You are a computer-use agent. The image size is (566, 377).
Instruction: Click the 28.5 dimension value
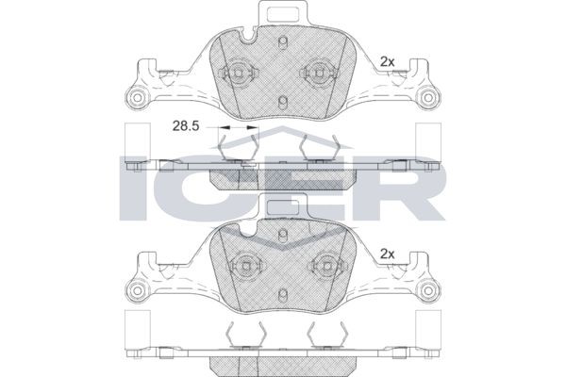click(186, 126)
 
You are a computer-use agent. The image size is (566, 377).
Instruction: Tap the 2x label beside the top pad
click(388, 62)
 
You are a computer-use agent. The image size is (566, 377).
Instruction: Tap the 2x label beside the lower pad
click(388, 254)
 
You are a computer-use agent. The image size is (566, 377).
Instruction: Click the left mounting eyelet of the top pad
click(137, 97)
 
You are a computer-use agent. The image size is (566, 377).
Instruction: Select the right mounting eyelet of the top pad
click(428, 97)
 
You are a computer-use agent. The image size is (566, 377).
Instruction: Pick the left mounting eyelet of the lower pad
click(137, 290)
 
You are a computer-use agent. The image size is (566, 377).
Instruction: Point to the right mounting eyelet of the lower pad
click(428, 290)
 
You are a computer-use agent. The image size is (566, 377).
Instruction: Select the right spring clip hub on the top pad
click(318, 73)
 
